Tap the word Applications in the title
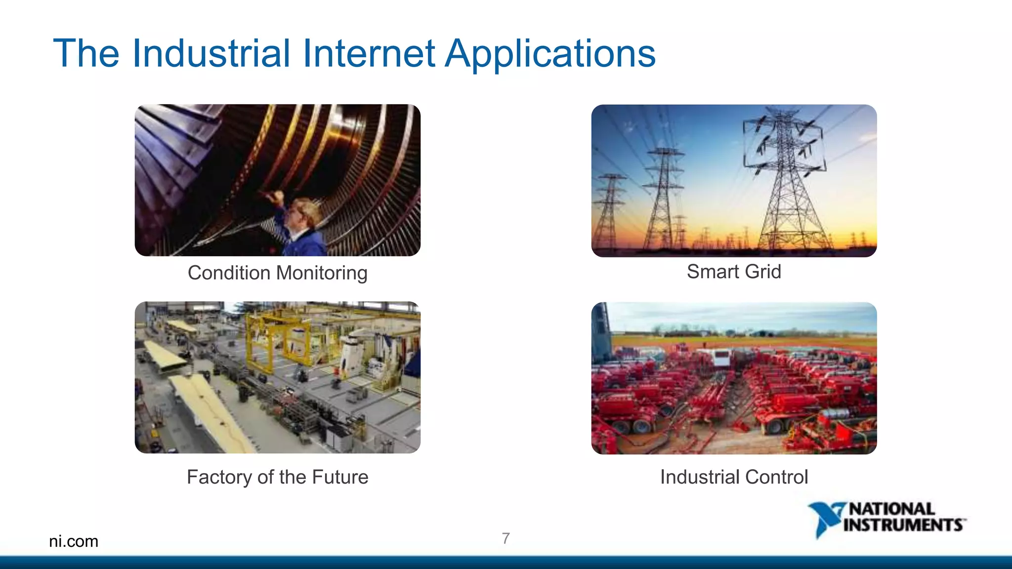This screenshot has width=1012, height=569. click(550, 53)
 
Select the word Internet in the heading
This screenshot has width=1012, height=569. click(369, 53)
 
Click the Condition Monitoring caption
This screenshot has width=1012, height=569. click(277, 273)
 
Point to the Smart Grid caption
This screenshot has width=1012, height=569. click(734, 272)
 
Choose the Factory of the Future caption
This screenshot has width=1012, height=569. click(277, 477)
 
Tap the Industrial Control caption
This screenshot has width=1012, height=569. click(734, 477)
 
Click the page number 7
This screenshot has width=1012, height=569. click(506, 538)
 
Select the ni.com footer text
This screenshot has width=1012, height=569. click(74, 541)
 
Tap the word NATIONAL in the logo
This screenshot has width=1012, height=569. click(891, 509)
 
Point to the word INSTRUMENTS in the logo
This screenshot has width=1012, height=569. click(903, 525)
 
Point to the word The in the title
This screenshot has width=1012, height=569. click(86, 53)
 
